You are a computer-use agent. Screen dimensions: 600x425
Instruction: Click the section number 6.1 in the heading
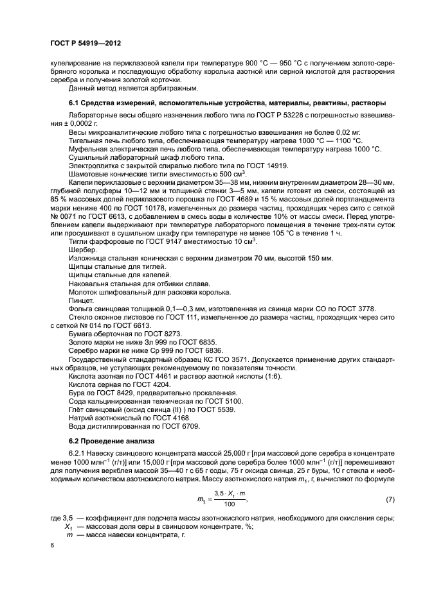76,103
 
